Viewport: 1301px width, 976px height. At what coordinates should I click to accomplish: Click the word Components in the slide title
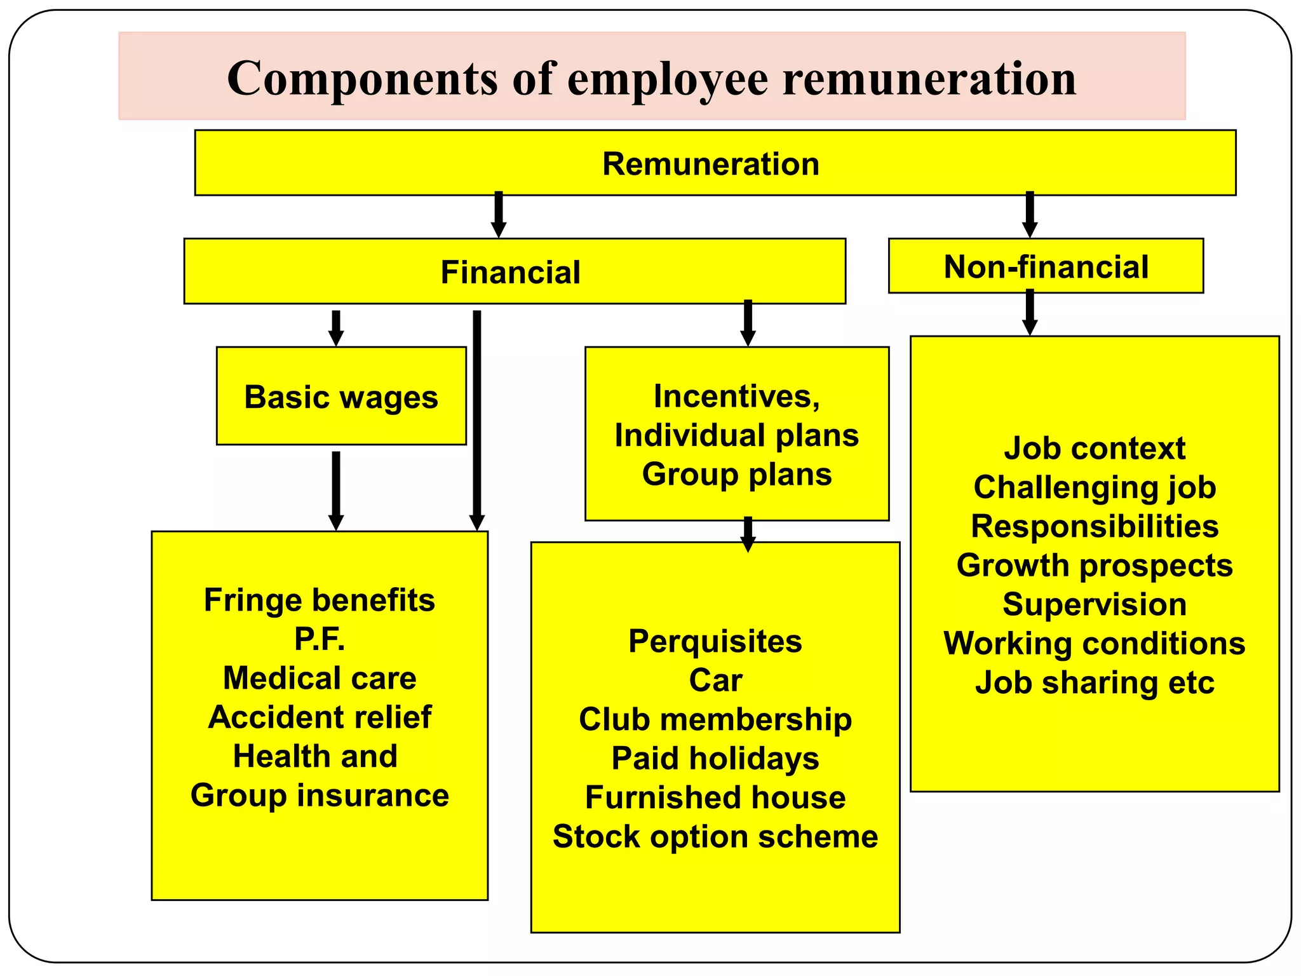point(362,79)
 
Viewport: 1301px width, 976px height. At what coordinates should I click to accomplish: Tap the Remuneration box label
point(711,164)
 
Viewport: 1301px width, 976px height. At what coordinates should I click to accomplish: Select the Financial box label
point(510,273)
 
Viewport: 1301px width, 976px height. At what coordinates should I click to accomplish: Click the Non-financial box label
point(1046,267)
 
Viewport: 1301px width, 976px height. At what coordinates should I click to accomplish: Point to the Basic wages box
point(341,397)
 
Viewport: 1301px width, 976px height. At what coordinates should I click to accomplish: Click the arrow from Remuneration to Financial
point(499,215)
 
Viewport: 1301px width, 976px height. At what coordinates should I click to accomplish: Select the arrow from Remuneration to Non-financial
point(1030,215)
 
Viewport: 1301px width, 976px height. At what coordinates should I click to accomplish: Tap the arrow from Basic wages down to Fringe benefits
point(336,490)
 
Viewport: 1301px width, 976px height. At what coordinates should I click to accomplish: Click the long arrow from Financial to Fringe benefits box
point(477,419)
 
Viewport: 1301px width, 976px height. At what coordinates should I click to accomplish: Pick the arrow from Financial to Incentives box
point(748,323)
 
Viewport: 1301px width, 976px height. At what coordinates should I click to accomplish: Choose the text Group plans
point(737,475)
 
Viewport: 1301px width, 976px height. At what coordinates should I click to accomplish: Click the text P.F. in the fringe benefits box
point(320,639)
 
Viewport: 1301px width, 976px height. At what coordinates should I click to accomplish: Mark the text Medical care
point(320,678)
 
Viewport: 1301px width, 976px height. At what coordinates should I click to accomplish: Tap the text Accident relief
point(320,717)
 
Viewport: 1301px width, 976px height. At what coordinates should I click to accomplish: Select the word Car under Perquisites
point(715,681)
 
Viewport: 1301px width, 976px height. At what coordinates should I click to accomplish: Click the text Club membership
point(715,719)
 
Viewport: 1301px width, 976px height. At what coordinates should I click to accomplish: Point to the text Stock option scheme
point(715,837)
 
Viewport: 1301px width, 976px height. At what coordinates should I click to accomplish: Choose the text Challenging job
point(1095,488)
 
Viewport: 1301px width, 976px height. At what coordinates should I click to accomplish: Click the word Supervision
point(1095,604)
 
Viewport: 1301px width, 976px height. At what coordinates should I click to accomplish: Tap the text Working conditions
point(1095,644)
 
